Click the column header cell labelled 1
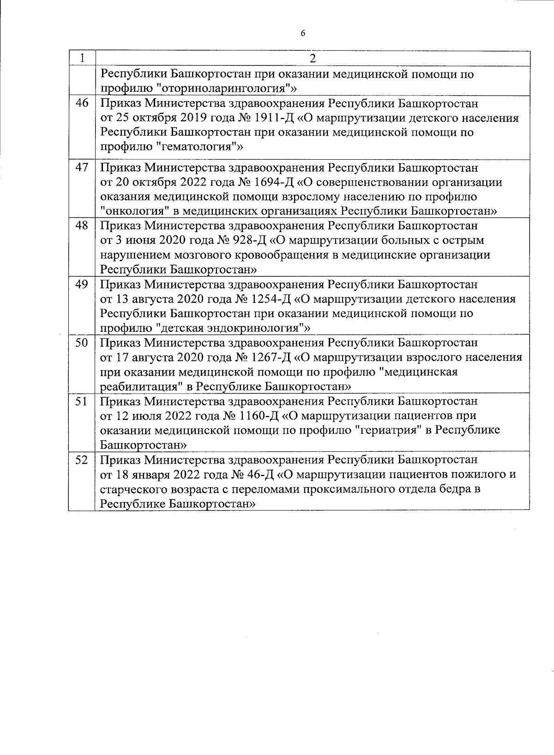(x=82, y=58)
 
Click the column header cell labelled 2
(x=313, y=58)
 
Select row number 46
(x=82, y=103)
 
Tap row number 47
(x=82, y=168)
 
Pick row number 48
(x=82, y=226)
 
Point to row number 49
(x=82, y=284)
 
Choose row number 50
(x=82, y=343)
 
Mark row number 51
(x=82, y=401)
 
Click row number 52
(x=82, y=460)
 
